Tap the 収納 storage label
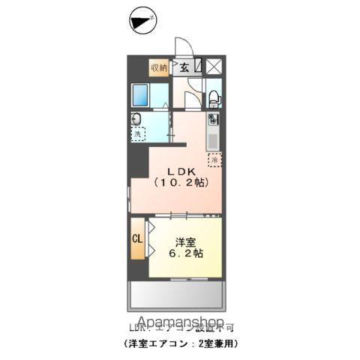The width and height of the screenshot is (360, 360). coord(158,68)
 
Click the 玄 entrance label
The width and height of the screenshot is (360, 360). coord(184,68)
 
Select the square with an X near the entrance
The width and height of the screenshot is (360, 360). coord(214,66)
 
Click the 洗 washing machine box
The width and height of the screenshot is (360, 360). coord(139,134)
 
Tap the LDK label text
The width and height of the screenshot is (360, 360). coord(180,169)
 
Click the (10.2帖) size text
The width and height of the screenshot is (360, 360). coord(181,182)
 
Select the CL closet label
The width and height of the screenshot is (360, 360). coord(138,239)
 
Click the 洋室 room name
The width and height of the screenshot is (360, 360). coord(187,241)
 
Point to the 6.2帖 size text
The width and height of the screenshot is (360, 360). coord(187,255)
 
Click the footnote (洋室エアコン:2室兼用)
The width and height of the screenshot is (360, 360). coord(180,343)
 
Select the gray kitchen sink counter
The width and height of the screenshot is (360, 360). coord(212,139)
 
